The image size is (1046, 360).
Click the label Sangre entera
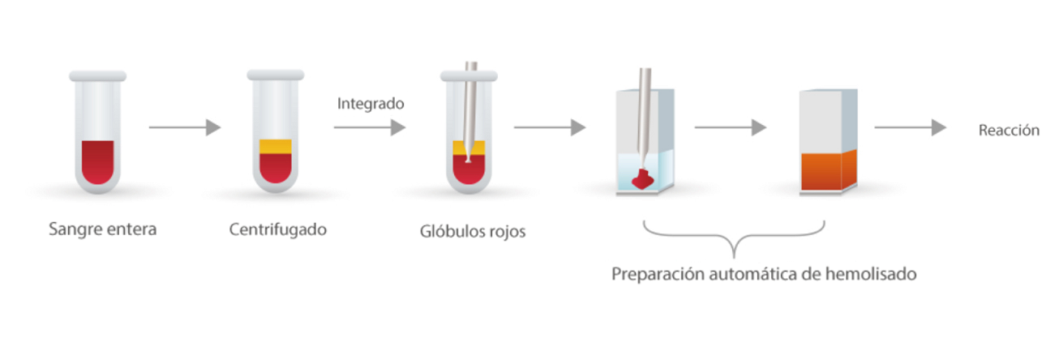tap(102, 229)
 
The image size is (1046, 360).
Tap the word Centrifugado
tap(277, 229)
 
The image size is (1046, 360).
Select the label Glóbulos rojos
tap(473, 231)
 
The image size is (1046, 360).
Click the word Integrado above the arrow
tap(370, 104)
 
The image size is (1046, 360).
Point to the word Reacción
tap(1008, 131)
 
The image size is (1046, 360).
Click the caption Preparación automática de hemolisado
tap(764, 274)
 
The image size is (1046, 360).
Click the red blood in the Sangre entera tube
tap(97, 161)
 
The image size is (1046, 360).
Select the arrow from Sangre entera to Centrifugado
tap(185, 127)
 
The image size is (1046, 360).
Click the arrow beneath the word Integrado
tap(369, 127)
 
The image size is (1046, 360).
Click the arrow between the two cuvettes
tap(730, 127)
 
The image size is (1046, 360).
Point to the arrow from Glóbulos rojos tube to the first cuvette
tap(550, 127)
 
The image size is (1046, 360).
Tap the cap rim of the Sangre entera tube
tap(97, 75)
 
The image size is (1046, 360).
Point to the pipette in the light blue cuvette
tap(645, 114)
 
